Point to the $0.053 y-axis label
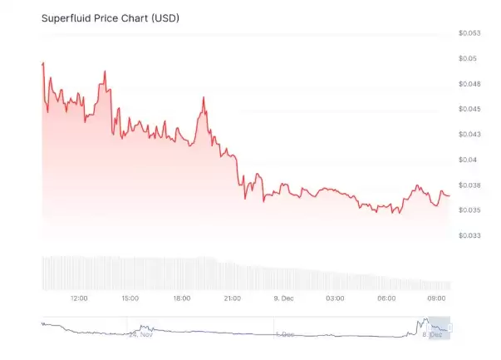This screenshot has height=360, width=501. point(469,33)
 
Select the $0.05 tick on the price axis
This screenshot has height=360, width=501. point(467,58)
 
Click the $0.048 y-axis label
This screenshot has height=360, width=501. point(469,84)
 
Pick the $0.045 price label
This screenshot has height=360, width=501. point(469,109)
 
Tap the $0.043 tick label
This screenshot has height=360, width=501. point(469,134)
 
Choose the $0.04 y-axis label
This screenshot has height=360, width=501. point(467,160)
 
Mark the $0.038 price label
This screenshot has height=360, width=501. point(469,185)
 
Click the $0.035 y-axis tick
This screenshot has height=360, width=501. point(469,210)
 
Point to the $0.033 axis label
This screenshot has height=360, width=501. point(469,235)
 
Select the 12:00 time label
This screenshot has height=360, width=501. point(79,298)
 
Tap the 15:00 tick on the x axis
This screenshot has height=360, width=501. point(130,298)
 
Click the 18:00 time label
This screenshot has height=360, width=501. point(182,298)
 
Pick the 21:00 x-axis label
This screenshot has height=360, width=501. point(233,298)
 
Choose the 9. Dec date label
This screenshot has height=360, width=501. point(284,298)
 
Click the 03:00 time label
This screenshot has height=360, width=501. point(335,298)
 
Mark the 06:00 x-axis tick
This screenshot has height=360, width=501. point(386,298)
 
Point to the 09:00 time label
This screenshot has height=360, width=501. point(438,298)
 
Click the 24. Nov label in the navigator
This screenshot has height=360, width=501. point(142,334)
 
